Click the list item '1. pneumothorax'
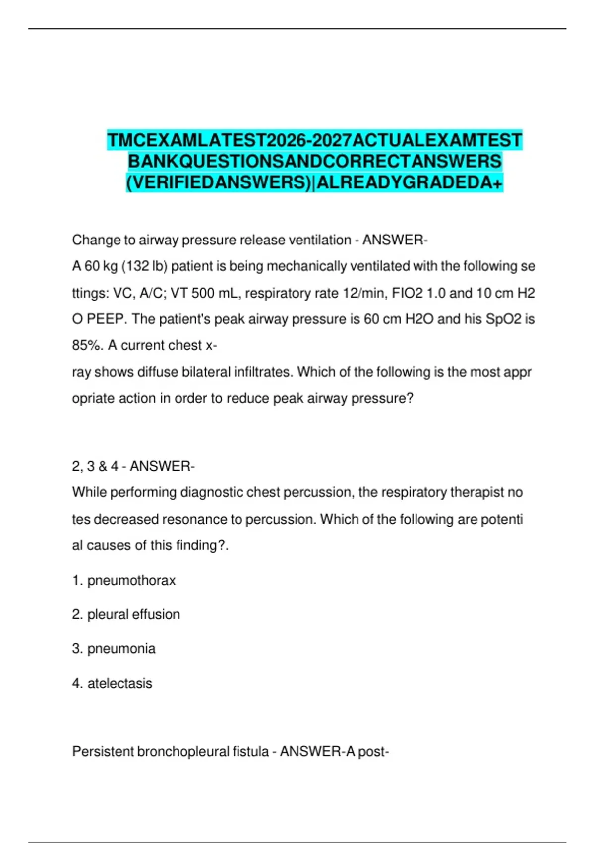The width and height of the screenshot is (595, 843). click(x=124, y=580)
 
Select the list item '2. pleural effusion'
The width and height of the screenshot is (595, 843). click(x=126, y=614)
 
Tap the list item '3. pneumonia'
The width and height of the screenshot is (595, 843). click(x=114, y=649)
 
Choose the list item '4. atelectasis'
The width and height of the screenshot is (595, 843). click(x=112, y=683)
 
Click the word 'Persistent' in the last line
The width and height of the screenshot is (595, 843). click(x=103, y=752)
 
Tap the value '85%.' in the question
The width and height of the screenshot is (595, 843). click(x=88, y=345)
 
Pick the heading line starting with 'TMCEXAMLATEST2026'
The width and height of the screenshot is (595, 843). click(x=315, y=140)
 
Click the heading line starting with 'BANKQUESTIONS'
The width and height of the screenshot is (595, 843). click(x=315, y=162)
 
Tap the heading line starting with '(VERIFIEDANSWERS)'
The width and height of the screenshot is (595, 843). click(x=315, y=183)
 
